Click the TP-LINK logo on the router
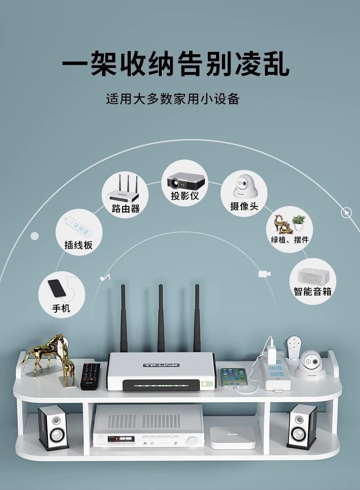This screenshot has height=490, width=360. tap(161, 365)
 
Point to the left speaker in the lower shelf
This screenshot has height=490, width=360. tap(53, 427)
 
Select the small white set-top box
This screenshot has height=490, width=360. tap(233, 436)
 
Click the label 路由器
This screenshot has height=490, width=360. tap(125, 209)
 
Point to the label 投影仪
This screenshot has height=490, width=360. tap(185, 196)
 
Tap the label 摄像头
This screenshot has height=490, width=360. tap(244, 206)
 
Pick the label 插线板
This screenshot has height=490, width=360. tap(78, 245)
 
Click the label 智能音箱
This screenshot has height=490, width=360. tap(312, 291)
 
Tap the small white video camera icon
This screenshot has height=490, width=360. tap(263, 273)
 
